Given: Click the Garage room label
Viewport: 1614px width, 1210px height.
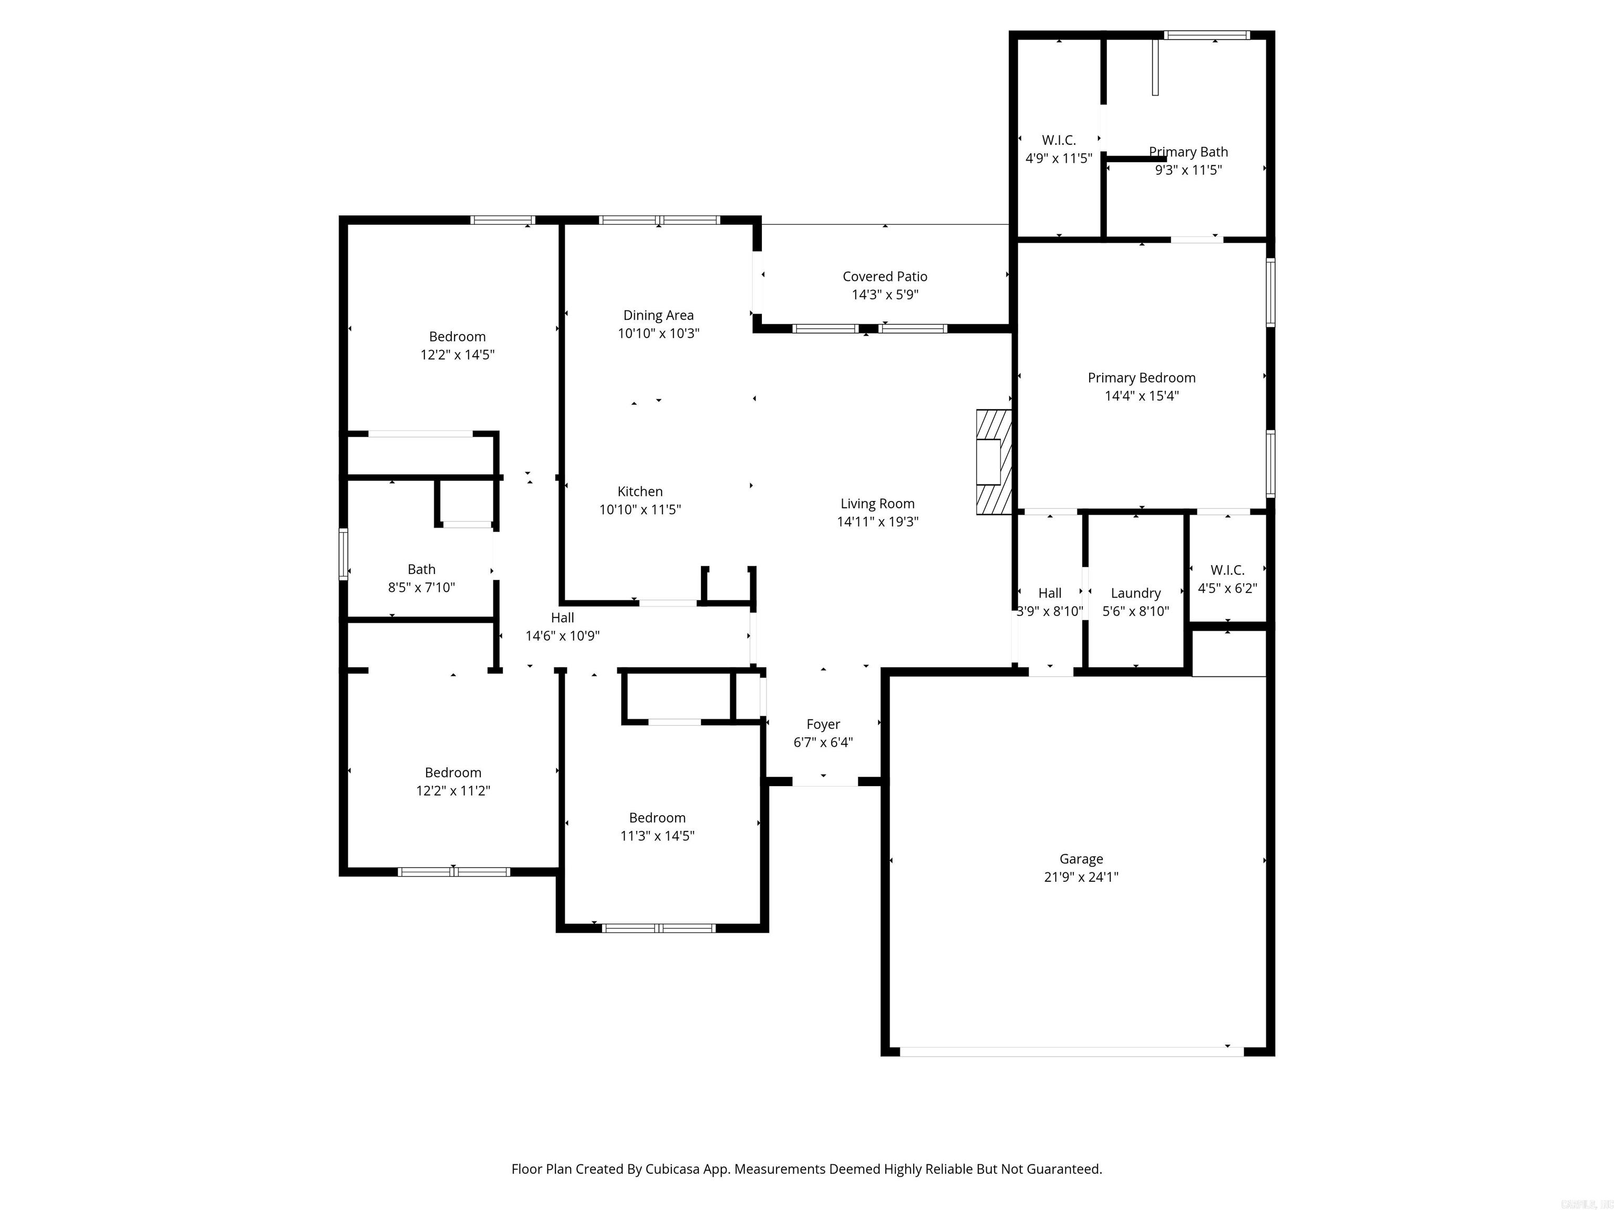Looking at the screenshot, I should tap(1081, 859).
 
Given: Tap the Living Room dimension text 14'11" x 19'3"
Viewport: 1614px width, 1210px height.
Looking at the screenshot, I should tap(877, 521).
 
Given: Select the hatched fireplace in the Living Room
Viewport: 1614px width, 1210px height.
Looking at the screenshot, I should tap(994, 462).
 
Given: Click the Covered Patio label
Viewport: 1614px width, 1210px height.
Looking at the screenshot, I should tap(884, 276).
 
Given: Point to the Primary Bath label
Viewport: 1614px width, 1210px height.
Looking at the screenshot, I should tap(1188, 152).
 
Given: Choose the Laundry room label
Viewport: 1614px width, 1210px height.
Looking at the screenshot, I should tap(1135, 593).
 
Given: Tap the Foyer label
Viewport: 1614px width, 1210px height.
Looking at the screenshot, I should tap(823, 724).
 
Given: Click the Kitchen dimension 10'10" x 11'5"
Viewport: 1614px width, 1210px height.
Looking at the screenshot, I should tap(640, 510).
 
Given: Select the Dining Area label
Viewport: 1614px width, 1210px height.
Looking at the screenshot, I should tap(658, 315).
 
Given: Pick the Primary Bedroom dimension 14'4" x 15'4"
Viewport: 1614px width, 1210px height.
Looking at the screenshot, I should tap(1141, 396).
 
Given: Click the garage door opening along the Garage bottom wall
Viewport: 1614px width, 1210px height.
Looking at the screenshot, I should tap(1071, 1052).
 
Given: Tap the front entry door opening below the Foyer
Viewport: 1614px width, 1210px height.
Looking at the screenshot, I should tap(824, 782).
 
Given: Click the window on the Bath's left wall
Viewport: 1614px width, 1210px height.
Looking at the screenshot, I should tap(343, 554).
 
